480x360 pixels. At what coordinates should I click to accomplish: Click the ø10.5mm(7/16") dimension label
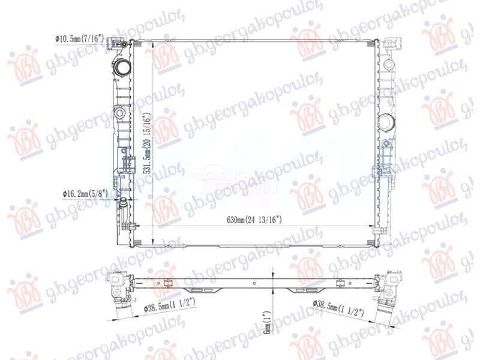[x=80, y=38]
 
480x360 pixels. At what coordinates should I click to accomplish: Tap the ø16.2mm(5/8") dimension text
[x=86, y=194]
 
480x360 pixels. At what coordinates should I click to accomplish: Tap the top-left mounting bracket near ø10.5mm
[x=124, y=44]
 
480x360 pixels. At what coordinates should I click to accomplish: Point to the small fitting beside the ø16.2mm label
[x=124, y=201]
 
